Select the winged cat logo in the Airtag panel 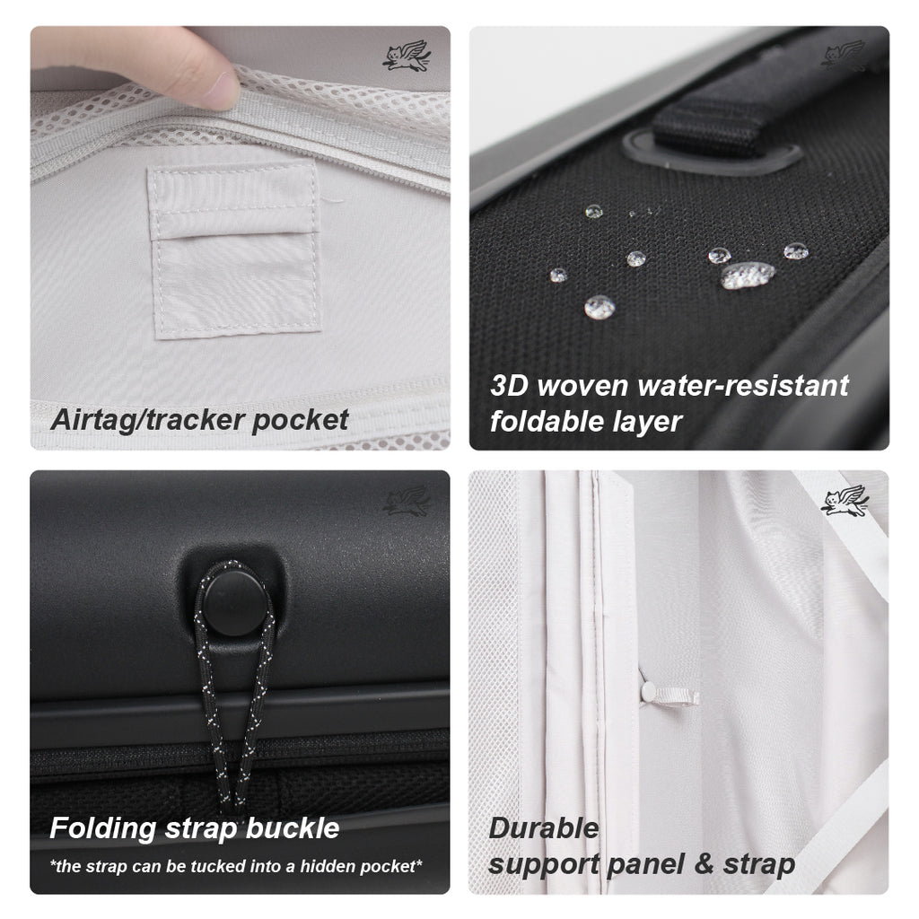click(406, 56)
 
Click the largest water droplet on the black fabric click(747, 275)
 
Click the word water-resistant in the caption click(743, 386)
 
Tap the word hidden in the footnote click(320, 866)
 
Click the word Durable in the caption click(543, 827)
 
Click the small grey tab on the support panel click(669, 695)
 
